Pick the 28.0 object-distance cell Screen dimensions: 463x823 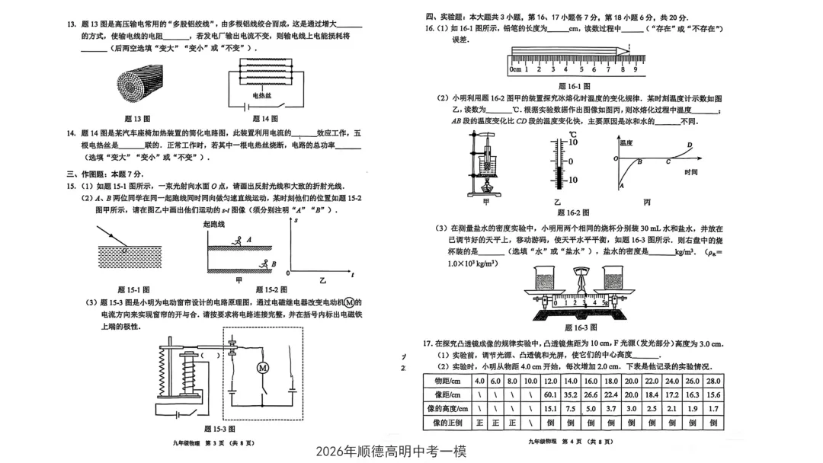[713, 381]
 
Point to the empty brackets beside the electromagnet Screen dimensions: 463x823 [210, 355]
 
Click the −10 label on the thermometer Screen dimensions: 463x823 [572, 180]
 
